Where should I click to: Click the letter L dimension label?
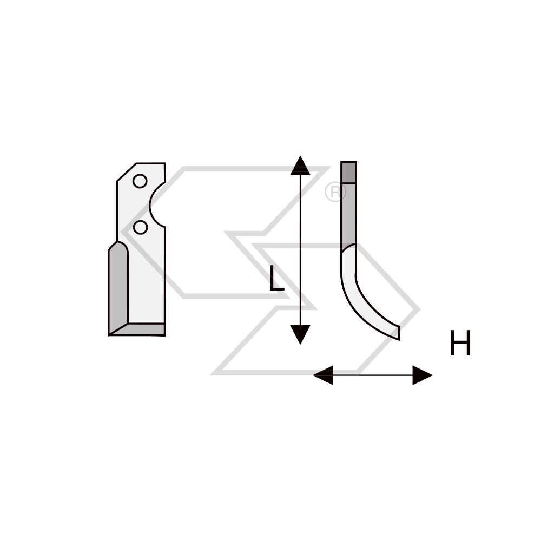[x=276, y=278]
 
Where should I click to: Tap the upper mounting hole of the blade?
[x=140, y=181]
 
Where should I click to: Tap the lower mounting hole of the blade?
[x=141, y=227]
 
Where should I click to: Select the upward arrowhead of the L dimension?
[x=300, y=165]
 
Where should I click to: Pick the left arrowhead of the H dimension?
[x=323, y=375]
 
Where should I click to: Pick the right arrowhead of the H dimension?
[x=423, y=375]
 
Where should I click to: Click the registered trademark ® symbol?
[x=335, y=192]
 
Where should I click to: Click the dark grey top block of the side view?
[x=348, y=172]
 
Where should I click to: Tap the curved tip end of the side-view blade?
[x=399, y=333]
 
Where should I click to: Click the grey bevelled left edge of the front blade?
[x=118, y=286]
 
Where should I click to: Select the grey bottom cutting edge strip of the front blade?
[x=145, y=329]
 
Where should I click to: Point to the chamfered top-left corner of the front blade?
[x=127, y=172]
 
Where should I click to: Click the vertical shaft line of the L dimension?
[x=300, y=250]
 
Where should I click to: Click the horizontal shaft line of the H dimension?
[x=373, y=375]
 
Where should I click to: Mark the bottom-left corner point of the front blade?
[x=109, y=335]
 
